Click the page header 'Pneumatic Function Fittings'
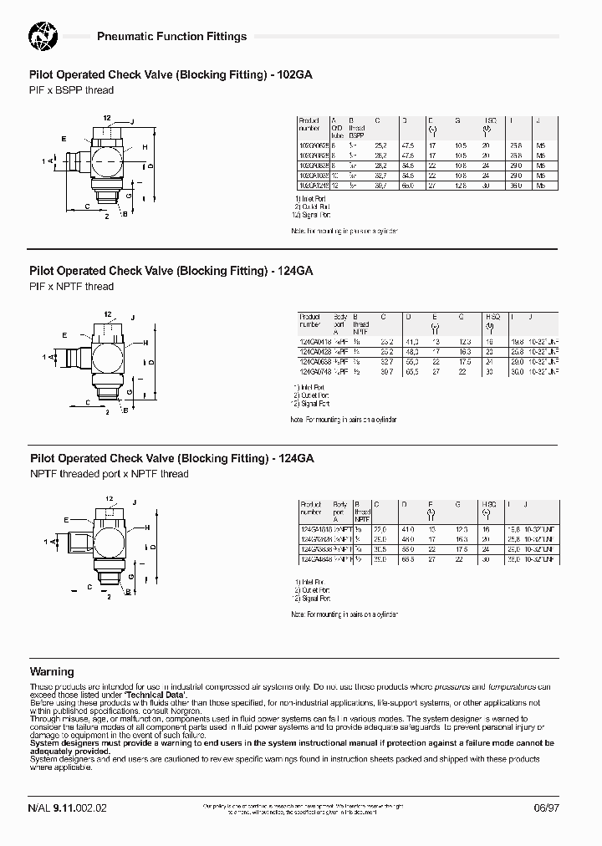(172, 37)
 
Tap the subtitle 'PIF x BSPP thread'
(71, 90)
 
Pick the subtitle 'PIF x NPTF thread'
(71, 286)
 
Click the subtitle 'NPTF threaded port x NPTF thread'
(110, 474)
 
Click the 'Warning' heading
(52, 671)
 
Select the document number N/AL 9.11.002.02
(68, 808)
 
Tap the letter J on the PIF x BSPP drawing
(132, 121)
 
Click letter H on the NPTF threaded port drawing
(150, 528)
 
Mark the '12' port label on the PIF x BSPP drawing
(107, 117)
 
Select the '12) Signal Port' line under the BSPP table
(312, 216)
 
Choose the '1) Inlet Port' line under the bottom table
(310, 581)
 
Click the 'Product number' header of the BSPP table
(310, 125)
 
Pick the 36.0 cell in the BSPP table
(515, 186)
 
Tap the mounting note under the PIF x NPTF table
(344, 419)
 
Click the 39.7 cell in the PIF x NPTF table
(386, 372)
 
